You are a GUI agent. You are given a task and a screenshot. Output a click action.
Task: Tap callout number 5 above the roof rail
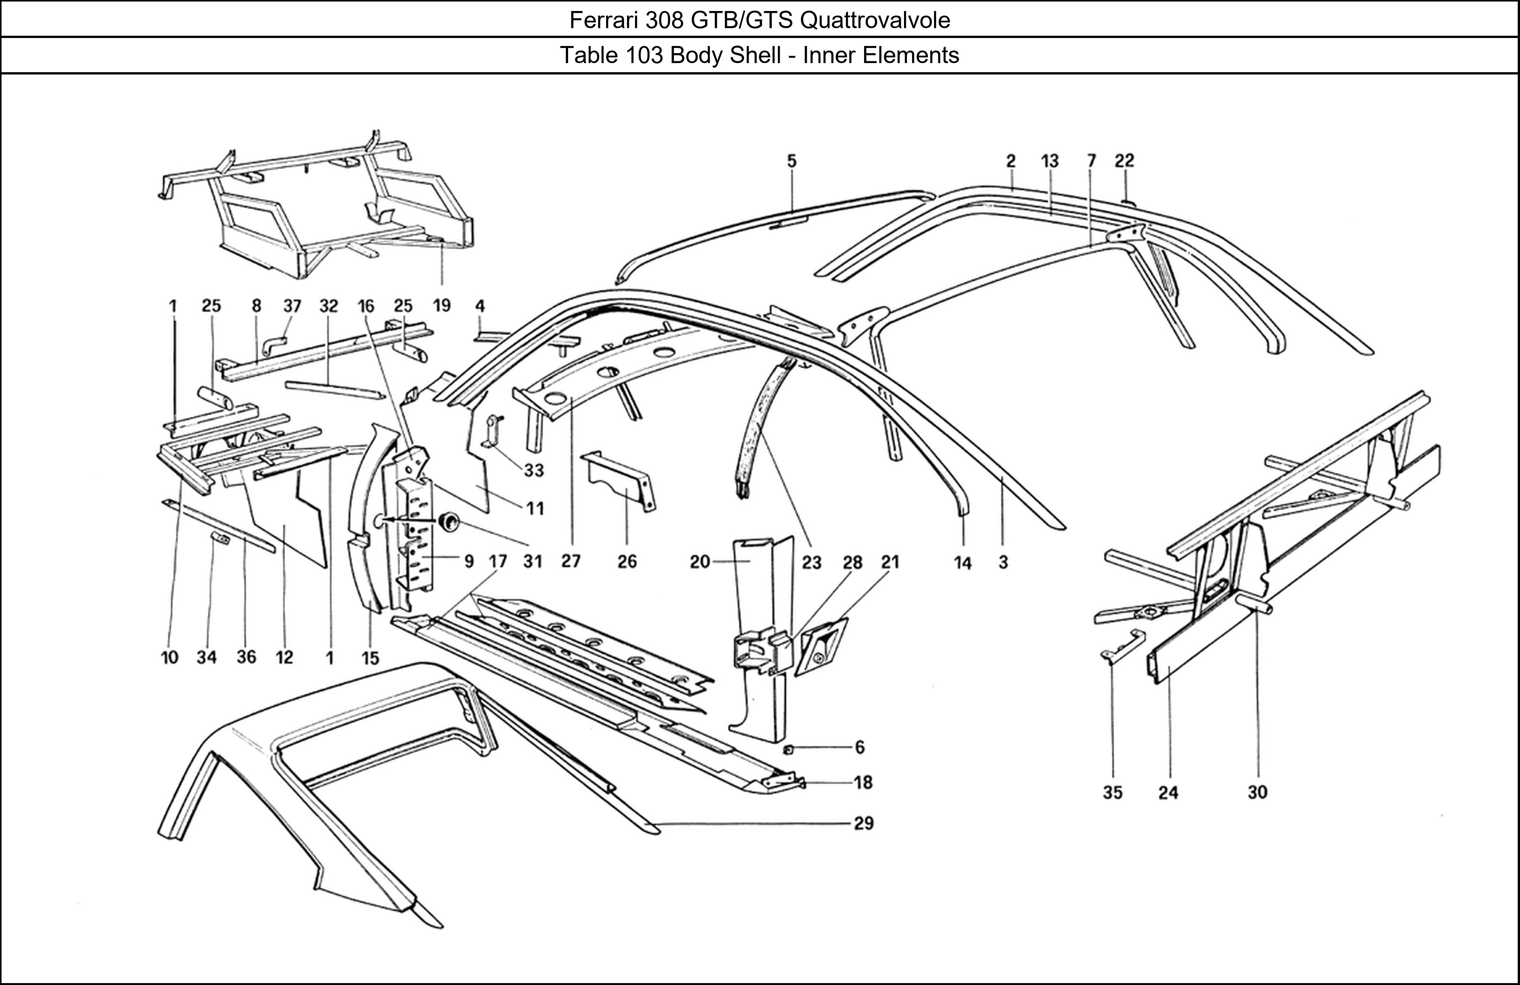click(x=792, y=162)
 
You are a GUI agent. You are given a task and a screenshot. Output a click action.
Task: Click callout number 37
click(x=292, y=306)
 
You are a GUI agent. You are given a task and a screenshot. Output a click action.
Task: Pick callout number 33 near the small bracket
click(x=534, y=470)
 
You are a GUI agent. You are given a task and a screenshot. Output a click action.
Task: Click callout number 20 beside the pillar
click(x=700, y=562)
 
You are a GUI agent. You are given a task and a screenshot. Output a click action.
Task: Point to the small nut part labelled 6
click(x=789, y=749)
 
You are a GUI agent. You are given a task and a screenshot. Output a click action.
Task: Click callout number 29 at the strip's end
click(x=863, y=823)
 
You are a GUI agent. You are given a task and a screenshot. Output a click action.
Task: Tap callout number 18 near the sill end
click(x=863, y=782)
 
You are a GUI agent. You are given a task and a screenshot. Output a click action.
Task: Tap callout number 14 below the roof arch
click(x=963, y=563)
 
